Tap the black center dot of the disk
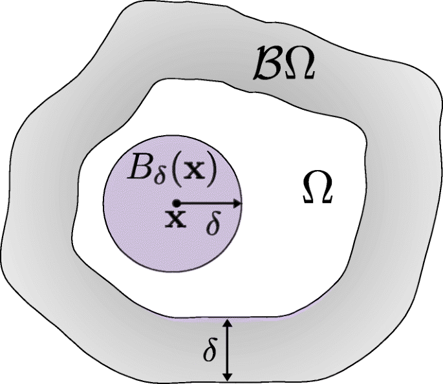[x=175, y=203]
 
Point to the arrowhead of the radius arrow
[x=237, y=203]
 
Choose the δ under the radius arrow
[x=214, y=224]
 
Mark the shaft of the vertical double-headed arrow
[x=226, y=349]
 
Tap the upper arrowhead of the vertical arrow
[x=226, y=323]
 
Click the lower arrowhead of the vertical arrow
[x=226, y=376]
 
